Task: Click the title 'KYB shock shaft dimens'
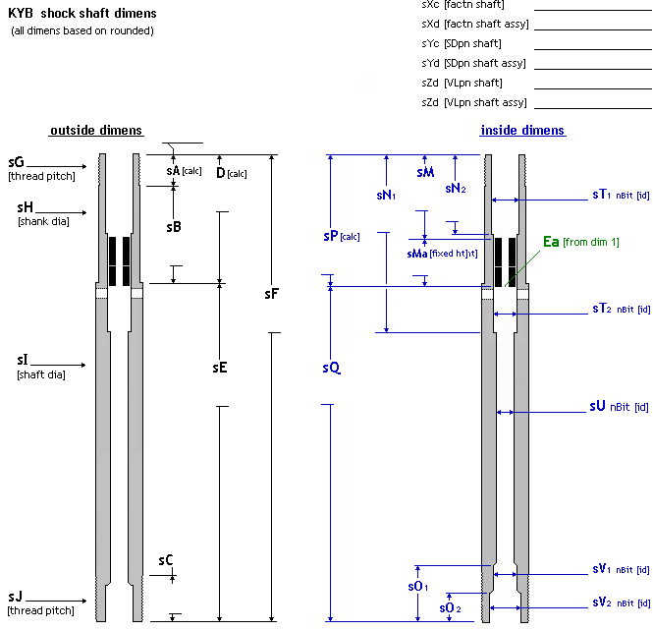point(82,14)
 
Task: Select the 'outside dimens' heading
point(96,131)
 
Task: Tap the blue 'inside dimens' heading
point(522,131)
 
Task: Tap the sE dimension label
point(220,368)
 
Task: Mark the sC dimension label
point(166,560)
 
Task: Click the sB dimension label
point(174,226)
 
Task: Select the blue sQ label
point(331,368)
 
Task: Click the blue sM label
point(424,172)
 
